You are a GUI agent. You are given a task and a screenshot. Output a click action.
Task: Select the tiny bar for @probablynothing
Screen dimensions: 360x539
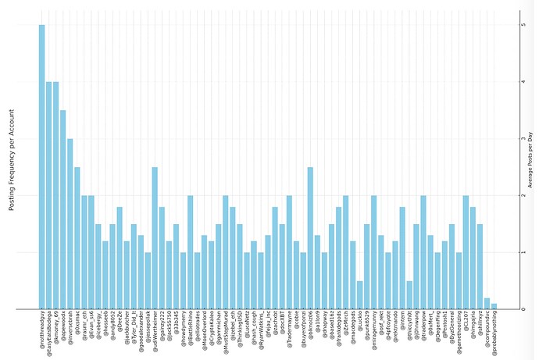pos(494,305)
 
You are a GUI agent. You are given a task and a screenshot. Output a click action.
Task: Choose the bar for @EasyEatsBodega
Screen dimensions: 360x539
pos(48,195)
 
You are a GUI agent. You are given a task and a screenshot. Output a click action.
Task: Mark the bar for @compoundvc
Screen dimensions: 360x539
pos(487,303)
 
